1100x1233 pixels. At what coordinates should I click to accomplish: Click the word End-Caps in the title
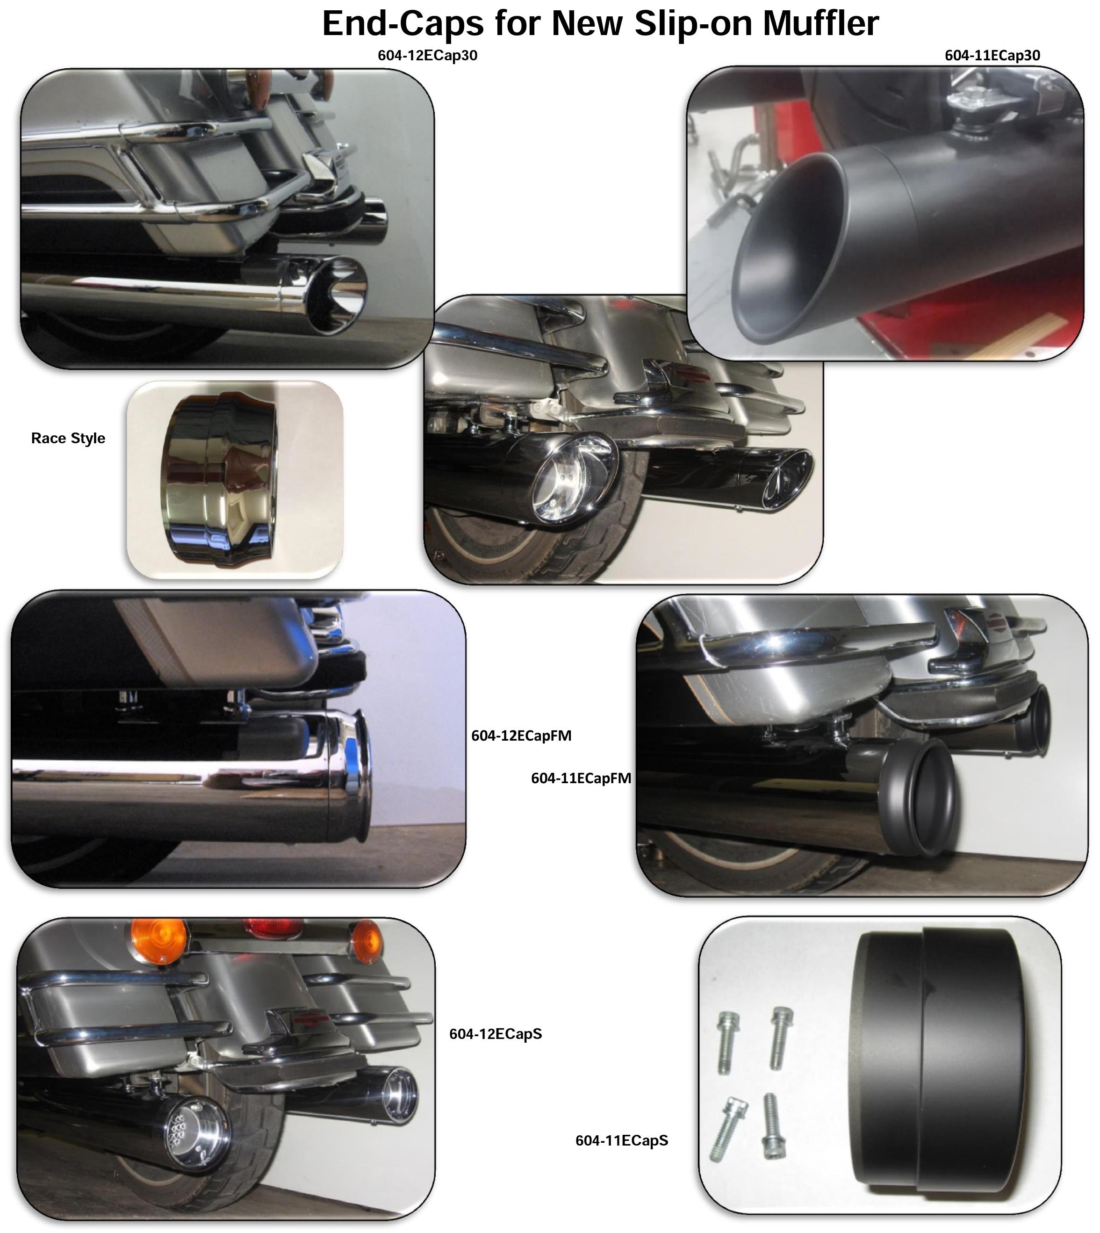(403, 25)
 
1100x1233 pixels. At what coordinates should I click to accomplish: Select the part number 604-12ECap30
(427, 56)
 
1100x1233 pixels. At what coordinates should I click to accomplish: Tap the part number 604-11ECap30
(992, 56)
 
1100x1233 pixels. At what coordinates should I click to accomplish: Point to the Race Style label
(68, 438)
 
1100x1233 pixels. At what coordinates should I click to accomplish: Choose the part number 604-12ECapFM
(521, 735)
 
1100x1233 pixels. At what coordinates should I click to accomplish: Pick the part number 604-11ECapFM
(581, 779)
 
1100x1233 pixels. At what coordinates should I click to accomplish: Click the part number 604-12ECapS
(496, 1033)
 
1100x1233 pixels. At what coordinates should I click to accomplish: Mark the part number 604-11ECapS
(622, 1140)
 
